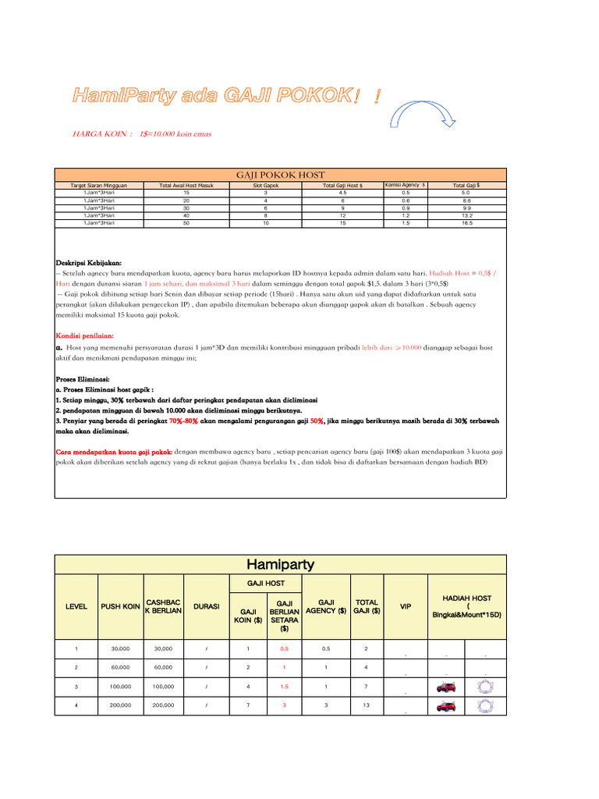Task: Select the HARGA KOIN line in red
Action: [x=141, y=134]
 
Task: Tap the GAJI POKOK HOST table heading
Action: [x=280, y=175]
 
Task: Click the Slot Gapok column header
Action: [x=265, y=186]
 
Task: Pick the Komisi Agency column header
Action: [x=405, y=185]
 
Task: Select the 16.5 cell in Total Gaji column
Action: [x=466, y=223]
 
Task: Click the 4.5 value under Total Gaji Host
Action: [x=342, y=192]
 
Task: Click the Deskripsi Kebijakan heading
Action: [x=89, y=263]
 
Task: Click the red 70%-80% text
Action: [x=183, y=420]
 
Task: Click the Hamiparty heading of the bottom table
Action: [x=280, y=564]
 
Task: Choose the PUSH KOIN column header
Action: [x=120, y=606]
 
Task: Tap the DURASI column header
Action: [x=205, y=606]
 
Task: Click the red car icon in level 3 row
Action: [x=446, y=687]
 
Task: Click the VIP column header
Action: [x=405, y=606]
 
